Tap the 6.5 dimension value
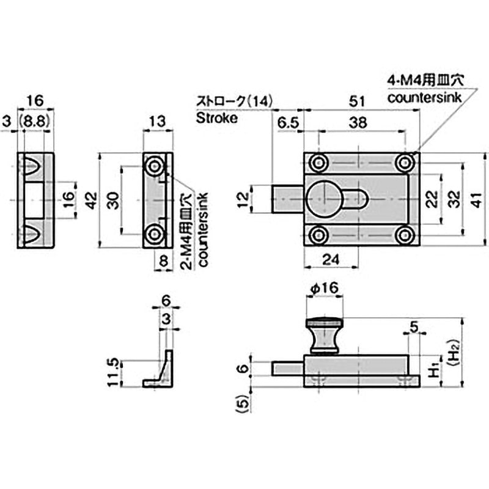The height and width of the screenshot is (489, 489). [x=286, y=122]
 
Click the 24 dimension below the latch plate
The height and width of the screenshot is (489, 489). [x=330, y=259]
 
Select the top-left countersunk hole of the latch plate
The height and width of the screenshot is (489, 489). [x=317, y=163]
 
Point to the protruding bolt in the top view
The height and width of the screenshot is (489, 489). [x=286, y=199]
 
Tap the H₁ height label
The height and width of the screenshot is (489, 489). [x=432, y=370]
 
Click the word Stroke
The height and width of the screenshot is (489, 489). [x=216, y=118]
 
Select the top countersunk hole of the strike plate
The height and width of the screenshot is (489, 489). [x=153, y=165]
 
